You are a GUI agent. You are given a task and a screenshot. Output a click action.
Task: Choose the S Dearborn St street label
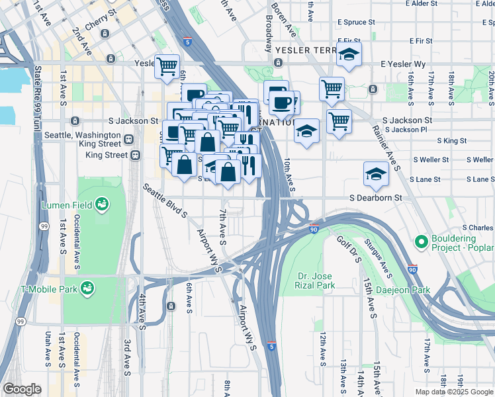pyautogui.click(x=376, y=197)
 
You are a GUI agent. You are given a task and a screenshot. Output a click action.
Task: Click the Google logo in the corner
pyautogui.click(x=22, y=389)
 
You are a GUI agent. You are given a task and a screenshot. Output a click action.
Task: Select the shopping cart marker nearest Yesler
pyautogui.click(x=167, y=66)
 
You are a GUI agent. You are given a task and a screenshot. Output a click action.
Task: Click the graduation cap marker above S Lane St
pyautogui.click(x=376, y=175)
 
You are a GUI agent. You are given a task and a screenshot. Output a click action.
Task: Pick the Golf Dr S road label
pyautogui.click(x=348, y=249)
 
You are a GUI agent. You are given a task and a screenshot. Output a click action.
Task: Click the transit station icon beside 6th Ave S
pyautogui.click(x=171, y=306)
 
